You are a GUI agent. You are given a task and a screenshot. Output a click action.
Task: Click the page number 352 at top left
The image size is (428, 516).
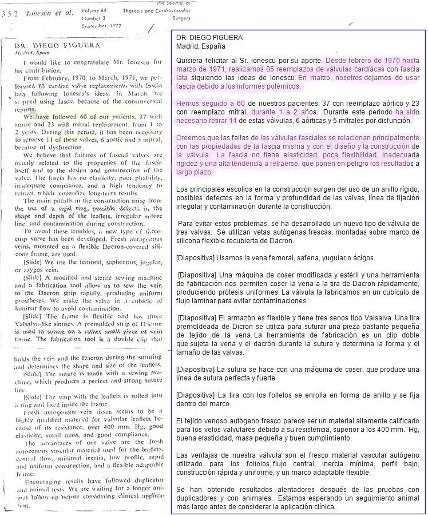pos(11,14)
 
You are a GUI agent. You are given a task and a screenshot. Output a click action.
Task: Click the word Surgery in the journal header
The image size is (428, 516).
pos(180,18)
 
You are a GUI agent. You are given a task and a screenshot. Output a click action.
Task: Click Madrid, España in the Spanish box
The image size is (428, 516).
pos(201,46)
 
